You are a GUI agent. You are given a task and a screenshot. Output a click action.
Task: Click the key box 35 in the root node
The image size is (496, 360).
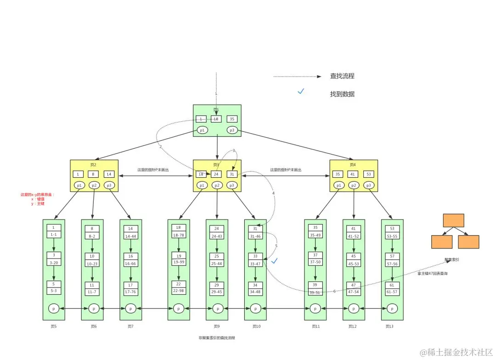tap(232, 119)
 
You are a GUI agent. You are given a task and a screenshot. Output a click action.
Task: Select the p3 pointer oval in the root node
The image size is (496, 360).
tap(232, 130)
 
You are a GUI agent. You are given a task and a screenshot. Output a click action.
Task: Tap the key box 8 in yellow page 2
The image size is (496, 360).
tap(94, 174)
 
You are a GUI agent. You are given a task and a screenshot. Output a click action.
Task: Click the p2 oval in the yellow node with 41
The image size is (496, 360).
tap(353, 186)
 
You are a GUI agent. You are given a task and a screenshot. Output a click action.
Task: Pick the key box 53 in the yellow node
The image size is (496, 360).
tap(369, 174)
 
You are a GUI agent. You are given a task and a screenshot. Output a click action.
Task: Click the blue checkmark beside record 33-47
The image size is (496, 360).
tap(275, 261)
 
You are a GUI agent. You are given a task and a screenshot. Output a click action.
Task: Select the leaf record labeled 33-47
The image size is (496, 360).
tap(255, 264)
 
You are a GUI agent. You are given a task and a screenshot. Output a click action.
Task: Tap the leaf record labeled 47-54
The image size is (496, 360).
tap(354, 292)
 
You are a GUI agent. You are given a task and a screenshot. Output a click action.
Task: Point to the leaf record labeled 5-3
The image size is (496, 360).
tap(54, 291)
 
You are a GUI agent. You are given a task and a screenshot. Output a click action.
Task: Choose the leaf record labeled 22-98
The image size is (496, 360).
tap(179, 291)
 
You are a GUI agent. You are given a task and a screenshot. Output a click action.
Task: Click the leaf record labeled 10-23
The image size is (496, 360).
tap(92, 264)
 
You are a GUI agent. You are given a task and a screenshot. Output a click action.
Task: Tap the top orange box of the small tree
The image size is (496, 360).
tap(453, 220)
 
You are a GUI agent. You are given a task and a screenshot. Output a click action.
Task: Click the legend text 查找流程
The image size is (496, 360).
tap(342, 76)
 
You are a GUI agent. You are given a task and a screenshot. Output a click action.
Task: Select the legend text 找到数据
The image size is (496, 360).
tap(342, 94)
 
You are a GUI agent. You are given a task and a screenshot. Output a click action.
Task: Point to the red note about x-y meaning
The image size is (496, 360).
tap(37, 199)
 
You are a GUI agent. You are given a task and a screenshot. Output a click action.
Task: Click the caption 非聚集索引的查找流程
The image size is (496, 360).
tap(217, 337)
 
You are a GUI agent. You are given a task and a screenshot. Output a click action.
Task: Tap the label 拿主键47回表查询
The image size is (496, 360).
tap(432, 273)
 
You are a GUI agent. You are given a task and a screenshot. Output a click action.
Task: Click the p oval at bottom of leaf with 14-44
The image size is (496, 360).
tap(131, 309)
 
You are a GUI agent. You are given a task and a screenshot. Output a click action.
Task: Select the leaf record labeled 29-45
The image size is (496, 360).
tap(217, 292)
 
